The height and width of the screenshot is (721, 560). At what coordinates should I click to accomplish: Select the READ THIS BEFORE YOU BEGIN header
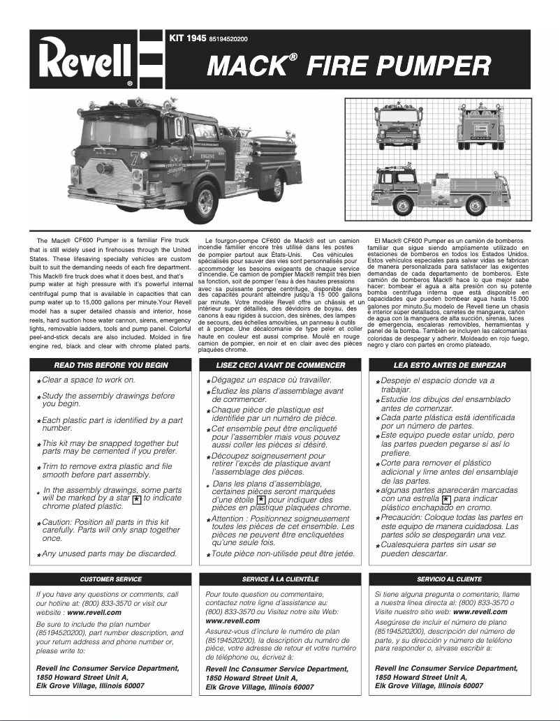[111, 365]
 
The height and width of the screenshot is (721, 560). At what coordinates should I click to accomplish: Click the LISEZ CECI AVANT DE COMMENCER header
[281, 365]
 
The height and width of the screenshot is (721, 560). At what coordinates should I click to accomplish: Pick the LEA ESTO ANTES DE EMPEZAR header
[449, 365]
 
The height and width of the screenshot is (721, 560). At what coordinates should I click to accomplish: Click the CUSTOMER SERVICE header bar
[111, 579]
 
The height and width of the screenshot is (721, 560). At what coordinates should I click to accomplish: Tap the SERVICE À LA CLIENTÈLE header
[281, 579]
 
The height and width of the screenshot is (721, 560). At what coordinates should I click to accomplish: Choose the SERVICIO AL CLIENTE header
[449, 579]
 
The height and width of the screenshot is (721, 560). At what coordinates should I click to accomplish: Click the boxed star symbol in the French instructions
[260, 500]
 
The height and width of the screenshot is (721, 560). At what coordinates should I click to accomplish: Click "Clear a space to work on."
[89, 380]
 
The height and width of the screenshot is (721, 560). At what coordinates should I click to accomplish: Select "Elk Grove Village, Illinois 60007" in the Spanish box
[429, 686]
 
